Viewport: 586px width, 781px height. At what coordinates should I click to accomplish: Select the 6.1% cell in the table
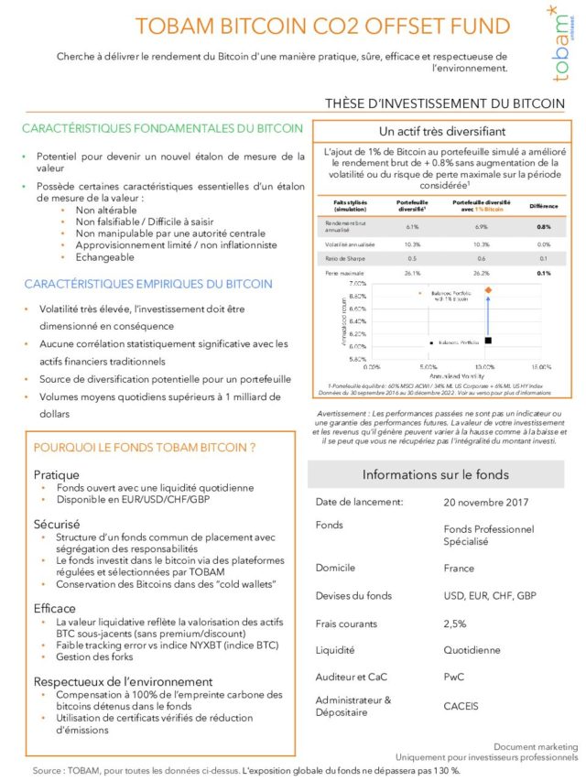(x=411, y=226)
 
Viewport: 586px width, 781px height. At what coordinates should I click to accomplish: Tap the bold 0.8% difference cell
(x=544, y=226)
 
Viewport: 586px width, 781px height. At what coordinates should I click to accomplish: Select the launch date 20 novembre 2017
(x=485, y=503)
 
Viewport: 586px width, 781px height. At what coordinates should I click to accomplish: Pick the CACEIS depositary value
(x=461, y=706)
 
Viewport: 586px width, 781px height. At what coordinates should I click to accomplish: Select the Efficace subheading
(x=56, y=607)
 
